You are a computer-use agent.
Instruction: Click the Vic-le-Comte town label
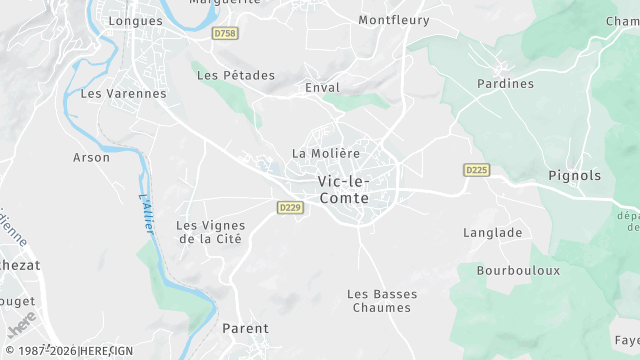(343, 190)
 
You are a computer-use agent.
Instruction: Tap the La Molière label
(325, 153)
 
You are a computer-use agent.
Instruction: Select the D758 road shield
(226, 33)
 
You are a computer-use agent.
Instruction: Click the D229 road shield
(290, 207)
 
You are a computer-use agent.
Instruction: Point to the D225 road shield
(477, 170)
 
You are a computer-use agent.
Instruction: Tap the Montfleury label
(394, 20)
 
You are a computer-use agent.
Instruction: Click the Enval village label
(322, 88)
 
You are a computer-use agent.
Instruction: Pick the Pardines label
(506, 84)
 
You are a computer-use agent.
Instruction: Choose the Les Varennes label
(123, 94)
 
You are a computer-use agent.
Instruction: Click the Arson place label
(92, 157)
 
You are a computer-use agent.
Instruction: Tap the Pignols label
(575, 176)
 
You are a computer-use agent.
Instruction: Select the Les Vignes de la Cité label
(210, 232)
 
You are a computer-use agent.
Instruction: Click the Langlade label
(493, 233)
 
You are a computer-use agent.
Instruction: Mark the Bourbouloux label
(518, 271)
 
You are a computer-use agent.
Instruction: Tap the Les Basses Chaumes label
(379, 301)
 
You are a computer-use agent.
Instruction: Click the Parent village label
(246, 329)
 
